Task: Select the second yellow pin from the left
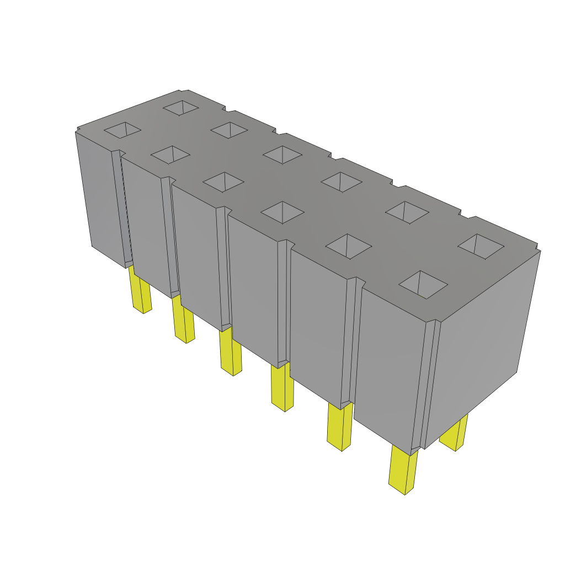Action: tap(184, 322)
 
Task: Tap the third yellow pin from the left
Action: tap(231, 354)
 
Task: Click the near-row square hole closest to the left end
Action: tap(122, 130)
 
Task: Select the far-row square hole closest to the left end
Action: tap(180, 108)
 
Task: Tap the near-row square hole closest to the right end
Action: tap(423, 284)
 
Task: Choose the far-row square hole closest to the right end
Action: tap(481, 246)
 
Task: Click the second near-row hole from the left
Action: tap(170, 155)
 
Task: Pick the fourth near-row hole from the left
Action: tap(282, 212)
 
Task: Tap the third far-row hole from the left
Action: tap(282, 154)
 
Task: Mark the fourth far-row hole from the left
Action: tap(342, 182)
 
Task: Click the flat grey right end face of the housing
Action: tap(480, 342)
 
